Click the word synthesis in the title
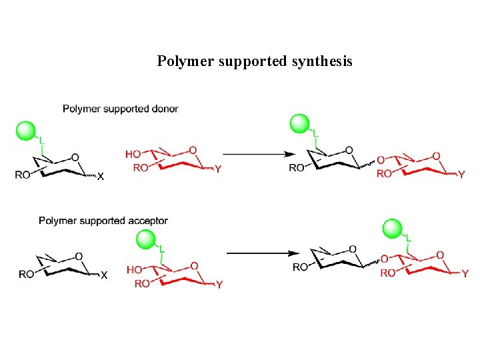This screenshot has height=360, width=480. point(322,62)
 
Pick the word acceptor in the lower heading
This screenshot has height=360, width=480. point(149,221)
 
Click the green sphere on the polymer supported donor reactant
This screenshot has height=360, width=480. point(27,131)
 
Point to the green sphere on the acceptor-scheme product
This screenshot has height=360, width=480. point(393,230)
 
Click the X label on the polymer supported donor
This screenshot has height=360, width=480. point(100,177)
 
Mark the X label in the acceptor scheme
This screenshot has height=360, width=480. point(103,275)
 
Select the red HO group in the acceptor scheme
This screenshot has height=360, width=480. point(134,270)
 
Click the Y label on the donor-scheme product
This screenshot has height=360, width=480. point(461,175)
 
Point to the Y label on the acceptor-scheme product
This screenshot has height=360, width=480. point(465,273)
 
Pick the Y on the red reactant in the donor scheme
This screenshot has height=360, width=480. point(218,169)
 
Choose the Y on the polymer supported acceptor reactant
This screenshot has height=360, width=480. point(219,285)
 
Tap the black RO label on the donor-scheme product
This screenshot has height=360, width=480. point(297,168)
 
